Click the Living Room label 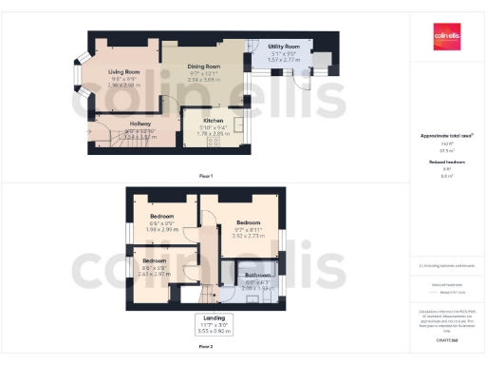point(123,72)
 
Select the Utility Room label point(284,47)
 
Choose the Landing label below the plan point(210,318)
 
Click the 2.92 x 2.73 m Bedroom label point(248,223)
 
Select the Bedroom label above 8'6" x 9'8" point(154,259)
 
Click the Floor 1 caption point(205,177)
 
